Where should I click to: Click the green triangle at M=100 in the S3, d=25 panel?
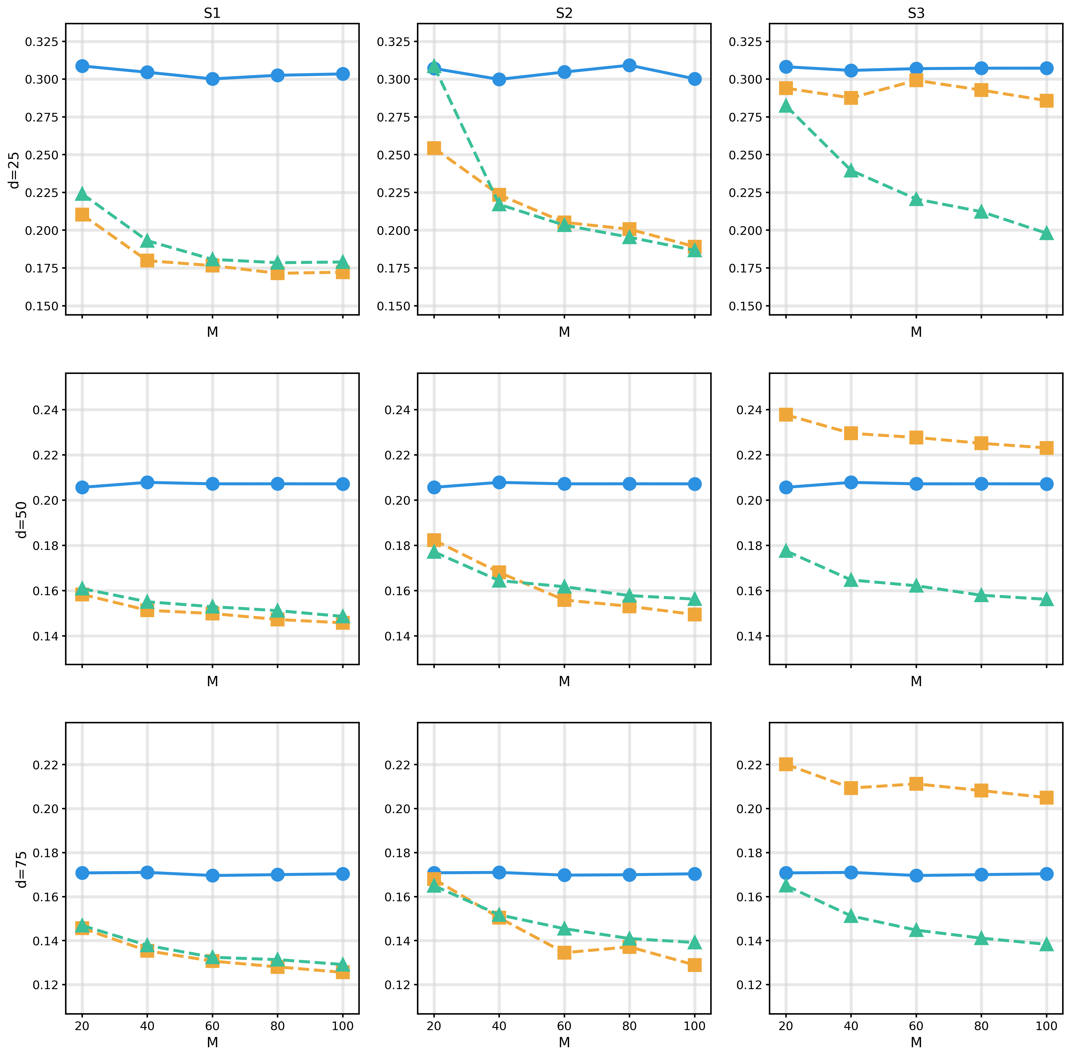1046,233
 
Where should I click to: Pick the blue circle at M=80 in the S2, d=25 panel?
629,65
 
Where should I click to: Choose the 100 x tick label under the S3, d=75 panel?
1046,1026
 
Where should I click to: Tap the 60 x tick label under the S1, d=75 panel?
212,1026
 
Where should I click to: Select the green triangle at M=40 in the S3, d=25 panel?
851,171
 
